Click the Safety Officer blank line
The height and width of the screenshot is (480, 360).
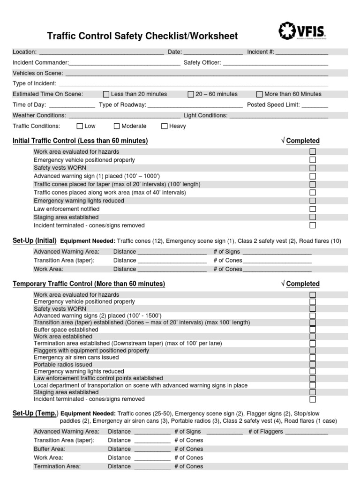point(275,63)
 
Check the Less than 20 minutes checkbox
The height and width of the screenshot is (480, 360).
point(106,94)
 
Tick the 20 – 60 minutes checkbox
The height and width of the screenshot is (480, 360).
point(191,94)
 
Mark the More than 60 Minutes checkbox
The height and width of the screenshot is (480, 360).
point(260,94)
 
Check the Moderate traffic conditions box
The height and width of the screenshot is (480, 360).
point(117,126)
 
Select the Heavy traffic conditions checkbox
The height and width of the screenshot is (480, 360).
point(165,126)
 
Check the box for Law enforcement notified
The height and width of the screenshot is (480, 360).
point(313,209)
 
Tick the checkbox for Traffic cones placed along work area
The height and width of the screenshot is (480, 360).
point(313,193)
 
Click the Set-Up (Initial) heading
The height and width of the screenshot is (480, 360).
point(35,241)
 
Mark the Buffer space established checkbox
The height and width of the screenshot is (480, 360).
point(313,330)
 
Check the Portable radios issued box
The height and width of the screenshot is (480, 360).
point(313,364)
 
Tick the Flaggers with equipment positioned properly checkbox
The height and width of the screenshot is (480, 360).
point(313,351)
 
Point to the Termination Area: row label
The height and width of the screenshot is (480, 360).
point(57,466)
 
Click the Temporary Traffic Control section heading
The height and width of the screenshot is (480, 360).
point(89,284)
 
